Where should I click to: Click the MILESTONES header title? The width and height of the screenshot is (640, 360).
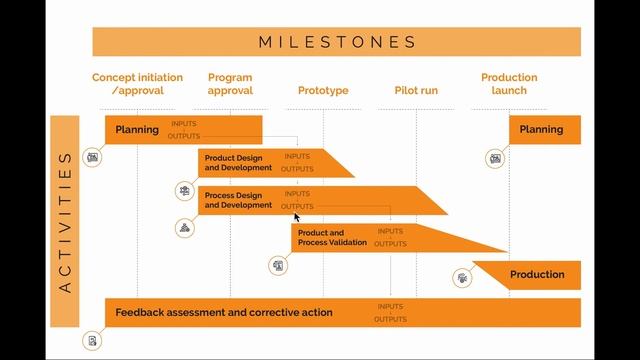[337, 42]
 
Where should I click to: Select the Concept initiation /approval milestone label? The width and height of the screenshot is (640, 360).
[138, 84]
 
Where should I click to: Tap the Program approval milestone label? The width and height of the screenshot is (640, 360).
[230, 84]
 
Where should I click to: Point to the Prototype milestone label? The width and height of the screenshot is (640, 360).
[323, 90]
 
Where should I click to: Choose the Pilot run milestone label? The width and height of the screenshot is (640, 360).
[416, 90]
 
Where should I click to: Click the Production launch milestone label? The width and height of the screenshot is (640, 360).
[509, 84]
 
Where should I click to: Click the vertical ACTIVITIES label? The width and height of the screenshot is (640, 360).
[65, 222]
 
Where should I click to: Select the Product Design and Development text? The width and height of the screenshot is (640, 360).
[238, 163]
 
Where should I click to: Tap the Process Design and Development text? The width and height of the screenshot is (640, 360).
[238, 200]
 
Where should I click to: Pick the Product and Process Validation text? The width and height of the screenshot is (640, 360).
[332, 238]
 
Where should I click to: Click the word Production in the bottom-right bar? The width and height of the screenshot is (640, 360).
[537, 274]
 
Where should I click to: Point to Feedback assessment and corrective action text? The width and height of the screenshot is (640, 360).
[224, 312]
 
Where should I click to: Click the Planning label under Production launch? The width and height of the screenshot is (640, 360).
[541, 129]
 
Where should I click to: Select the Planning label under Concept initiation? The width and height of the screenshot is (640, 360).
[137, 130]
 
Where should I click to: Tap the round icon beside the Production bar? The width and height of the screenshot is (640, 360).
[462, 278]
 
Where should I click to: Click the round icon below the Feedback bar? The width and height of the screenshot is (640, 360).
[92, 341]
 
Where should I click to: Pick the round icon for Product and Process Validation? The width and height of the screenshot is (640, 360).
[278, 266]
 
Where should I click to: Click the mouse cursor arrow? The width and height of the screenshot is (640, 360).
[297, 217]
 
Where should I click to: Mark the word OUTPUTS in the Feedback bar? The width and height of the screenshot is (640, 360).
[390, 319]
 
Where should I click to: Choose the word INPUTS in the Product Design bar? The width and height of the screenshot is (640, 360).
[297, 156]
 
